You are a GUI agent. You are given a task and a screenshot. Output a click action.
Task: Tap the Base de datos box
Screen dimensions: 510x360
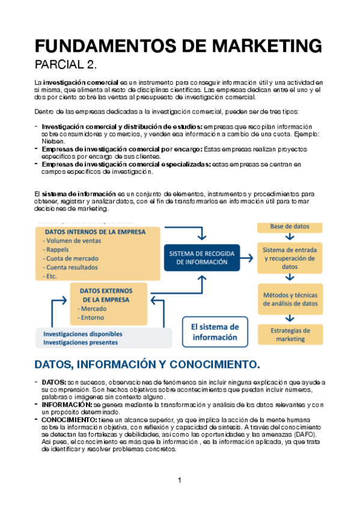(290, 226)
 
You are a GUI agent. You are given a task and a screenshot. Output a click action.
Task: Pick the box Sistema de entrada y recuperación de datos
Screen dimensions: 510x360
(290, 257)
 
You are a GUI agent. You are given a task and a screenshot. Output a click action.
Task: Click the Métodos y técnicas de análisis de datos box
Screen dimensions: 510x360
(290, 299)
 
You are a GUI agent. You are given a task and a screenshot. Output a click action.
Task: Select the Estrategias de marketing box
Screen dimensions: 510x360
(290, 334)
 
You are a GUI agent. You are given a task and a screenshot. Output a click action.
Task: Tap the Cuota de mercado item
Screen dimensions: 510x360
(72, 258)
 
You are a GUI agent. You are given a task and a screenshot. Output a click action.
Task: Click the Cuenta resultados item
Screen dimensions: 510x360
(74, 267)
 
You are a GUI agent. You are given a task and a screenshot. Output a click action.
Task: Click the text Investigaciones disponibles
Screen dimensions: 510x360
(82, 334)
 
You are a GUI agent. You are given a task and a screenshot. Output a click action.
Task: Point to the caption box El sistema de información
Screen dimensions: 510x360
(215, 332)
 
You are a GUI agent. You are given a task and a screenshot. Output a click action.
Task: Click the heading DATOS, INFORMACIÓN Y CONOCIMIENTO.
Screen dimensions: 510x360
(147, 364)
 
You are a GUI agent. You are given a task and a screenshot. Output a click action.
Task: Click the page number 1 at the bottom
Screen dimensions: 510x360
(179, 480)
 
